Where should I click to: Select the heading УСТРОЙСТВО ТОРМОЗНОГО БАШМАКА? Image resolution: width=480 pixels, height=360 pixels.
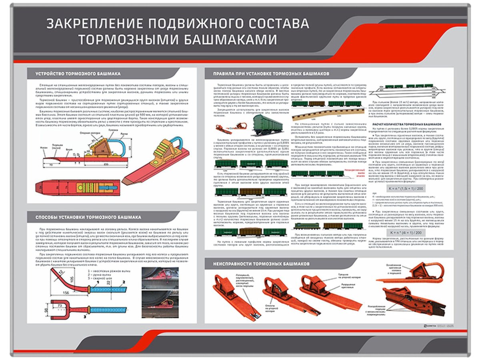[x=78, y=74]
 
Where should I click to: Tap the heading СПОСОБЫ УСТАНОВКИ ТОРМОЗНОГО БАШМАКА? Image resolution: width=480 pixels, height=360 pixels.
[x=88, y=217]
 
